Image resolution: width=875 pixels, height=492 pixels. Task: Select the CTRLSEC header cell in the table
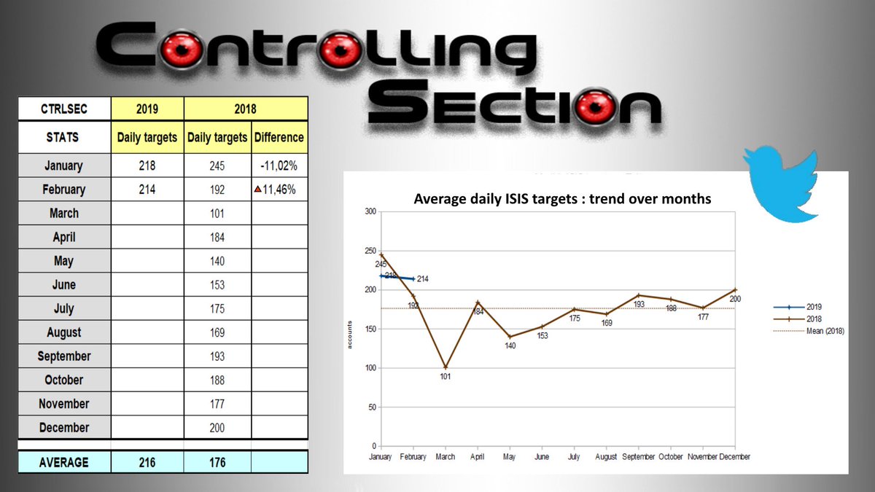64,110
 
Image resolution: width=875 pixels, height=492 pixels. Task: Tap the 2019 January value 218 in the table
147,165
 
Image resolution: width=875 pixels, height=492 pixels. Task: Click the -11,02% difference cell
279,165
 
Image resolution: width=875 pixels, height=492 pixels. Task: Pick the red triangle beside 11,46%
257,190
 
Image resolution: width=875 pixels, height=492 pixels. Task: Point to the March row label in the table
64,214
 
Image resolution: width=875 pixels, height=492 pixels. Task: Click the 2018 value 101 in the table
217,214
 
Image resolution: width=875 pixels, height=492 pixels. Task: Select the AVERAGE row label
64,462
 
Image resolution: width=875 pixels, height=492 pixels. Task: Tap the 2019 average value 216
147,462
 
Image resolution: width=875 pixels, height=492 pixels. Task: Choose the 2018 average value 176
217,462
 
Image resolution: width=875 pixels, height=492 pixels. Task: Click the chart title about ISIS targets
562,198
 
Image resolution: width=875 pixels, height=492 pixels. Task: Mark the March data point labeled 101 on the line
445,367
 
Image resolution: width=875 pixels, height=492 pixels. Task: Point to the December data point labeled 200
735,290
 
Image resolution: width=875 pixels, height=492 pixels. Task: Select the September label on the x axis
639,457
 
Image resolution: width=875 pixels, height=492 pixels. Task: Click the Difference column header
279,137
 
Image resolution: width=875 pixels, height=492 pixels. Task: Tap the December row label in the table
64,428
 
